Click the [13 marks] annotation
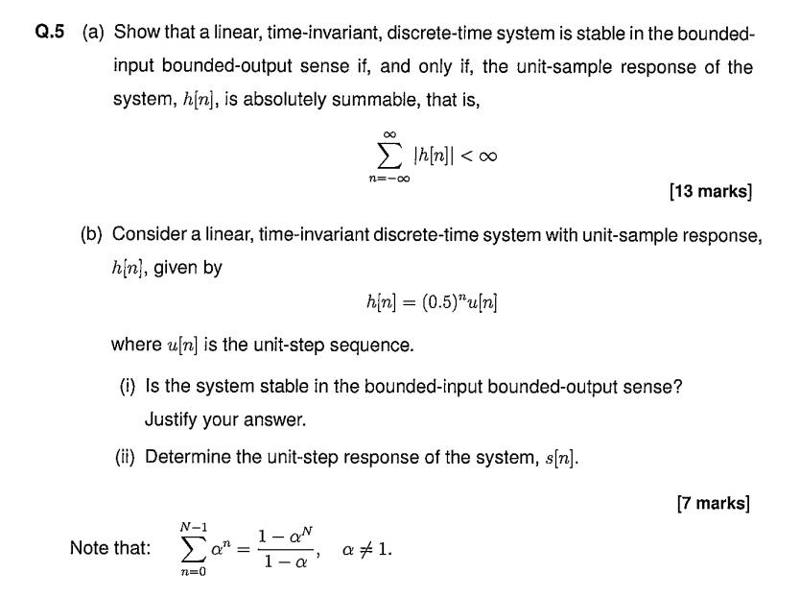point(710,191)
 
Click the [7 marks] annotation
point(713,502)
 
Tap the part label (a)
point(93,33)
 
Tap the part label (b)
point(93,234)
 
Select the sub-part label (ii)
point(126,457)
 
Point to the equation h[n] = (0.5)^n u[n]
point(432,303)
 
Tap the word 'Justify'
point(172,419)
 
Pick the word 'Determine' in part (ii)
point(187,457)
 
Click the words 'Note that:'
point(110,548)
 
